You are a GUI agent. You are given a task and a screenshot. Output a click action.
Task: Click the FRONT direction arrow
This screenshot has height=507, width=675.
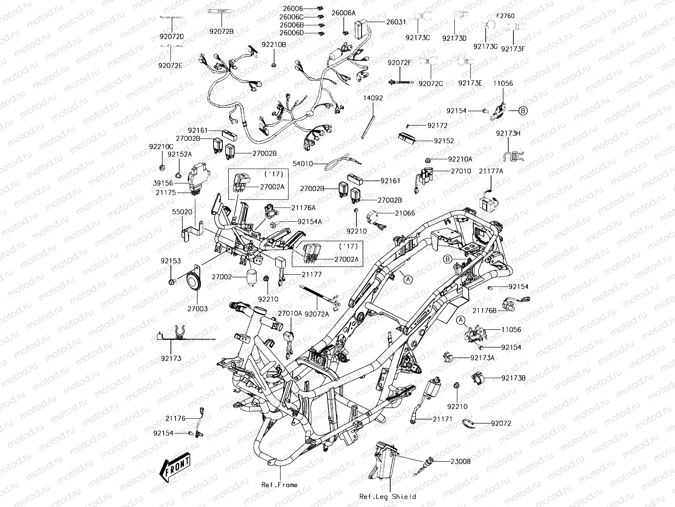175,467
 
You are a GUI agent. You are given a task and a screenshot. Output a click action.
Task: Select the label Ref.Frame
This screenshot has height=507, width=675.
279,485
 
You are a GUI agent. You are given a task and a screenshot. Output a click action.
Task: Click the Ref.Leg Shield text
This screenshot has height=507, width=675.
388,496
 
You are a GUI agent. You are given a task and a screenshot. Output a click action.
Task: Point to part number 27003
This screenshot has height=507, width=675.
197,309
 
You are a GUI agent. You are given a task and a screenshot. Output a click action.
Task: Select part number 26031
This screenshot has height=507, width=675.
397,21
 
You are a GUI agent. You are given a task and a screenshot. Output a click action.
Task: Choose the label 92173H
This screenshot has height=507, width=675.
508,133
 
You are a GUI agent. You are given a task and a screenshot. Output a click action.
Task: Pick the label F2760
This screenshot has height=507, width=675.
505,16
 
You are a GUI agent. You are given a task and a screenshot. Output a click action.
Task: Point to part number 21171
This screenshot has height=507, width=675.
442,419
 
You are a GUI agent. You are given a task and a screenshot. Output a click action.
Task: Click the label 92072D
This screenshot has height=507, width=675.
171,37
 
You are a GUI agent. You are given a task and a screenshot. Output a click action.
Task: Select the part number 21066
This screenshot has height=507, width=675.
405,214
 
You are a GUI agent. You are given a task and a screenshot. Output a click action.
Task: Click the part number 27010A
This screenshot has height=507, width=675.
290,313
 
